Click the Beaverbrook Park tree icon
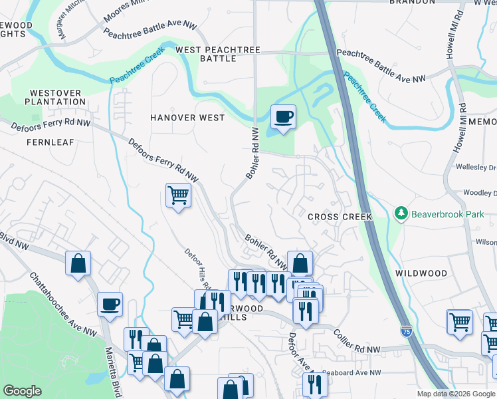click(401, 213)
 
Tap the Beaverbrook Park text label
click(445, 213)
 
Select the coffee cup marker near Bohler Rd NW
click(283, 118)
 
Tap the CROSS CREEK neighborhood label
click(339, 217)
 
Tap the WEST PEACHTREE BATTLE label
click(215, 55)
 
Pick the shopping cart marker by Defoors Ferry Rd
click(178, 196)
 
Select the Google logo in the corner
click(22, 391)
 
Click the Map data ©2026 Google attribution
click(455, 394)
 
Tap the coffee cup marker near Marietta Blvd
click(110, 305)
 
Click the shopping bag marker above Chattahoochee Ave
click(78, 263)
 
